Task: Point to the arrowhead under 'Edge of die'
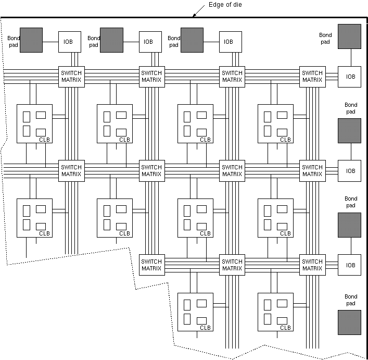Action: point(193,16)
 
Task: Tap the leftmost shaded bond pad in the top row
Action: point(31,40)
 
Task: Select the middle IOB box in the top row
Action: point(148,42)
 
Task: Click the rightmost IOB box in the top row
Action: point(229,42)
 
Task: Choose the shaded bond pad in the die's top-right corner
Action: point(349,36)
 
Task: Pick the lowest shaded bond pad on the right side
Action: point(349,322)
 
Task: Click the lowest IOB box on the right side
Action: point(350,265)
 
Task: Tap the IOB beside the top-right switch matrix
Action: point(350,77)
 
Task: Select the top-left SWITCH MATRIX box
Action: point(71,77)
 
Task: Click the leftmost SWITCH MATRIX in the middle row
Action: point(71,171)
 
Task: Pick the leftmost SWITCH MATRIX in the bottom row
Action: point(151,265)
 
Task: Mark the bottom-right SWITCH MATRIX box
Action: point(312,265)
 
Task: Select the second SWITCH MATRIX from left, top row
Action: point(151,77)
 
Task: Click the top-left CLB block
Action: point(34,123)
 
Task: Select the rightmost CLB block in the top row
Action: point(275,123)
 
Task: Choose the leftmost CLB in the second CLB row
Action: point(34,217)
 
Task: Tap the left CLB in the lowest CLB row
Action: point(195,312)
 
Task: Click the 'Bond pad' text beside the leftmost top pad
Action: point(12,42)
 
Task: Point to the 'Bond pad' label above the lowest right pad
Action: point(350,300)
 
